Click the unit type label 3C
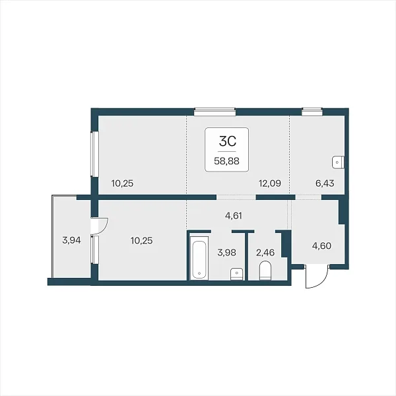(228, 141)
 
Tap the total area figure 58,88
(226, 161)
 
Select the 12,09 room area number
(270, 183)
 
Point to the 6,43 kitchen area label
(325, 183)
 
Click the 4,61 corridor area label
(234, 216)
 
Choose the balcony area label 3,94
(71, 240)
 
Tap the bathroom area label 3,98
(227, 252)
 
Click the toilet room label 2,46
(265, 252)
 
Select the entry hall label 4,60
(322, 246)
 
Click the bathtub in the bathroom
(199, 258)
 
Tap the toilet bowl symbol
(265, 271)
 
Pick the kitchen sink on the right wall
(338, 162)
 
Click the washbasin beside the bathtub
(237, 274)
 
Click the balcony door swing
(103, 226)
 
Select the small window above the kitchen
(312, 112)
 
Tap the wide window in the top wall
(214, 112)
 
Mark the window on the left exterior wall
(94, 154)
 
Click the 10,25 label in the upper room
(122, 183)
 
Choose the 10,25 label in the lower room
(142, 240)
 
